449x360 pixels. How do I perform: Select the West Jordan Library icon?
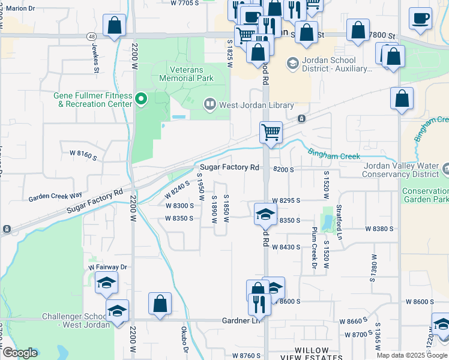click(x=209, y=105)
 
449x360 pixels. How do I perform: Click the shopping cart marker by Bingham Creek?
click(x=271, y=131)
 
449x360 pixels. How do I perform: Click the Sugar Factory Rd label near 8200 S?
click(x=229, y=167)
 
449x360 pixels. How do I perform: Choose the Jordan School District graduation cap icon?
click(x=292, y=63)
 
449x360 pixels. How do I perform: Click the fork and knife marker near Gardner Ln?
click(x=259, y=304)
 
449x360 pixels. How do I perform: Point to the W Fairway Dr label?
click(x=108, y=267)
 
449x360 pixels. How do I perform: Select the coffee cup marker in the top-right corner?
click(x=420, y=17)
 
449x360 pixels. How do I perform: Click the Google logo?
click(x=20, y=353)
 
